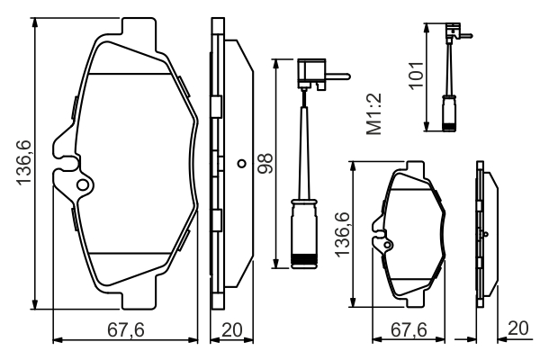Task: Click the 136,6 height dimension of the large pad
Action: (x=24, y=163)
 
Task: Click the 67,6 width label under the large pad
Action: (x=126, y=330)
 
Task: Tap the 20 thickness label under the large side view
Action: (x=232, y=330)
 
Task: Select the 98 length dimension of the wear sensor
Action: (x=265, y=164)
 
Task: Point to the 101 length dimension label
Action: (x=416, y=76)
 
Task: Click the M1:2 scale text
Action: (x=374, y=113)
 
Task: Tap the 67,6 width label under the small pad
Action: (x=409, y=330)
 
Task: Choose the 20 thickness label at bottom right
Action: (x=517, y=328)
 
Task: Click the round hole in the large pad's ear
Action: (x=83, y=185)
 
